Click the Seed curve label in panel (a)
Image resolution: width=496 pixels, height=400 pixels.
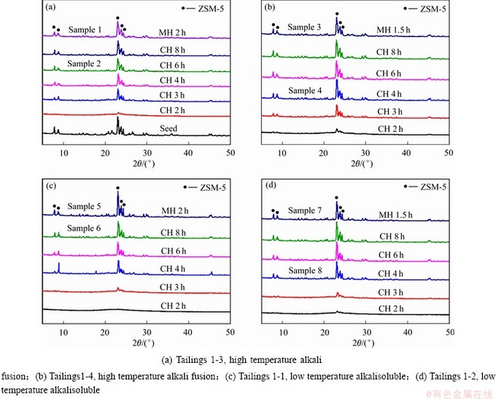point(177,129)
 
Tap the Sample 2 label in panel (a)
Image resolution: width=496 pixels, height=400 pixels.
point(85,63)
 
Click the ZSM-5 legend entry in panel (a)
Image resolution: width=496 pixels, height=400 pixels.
point(206,8)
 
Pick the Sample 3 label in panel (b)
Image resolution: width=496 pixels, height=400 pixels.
point(303,28)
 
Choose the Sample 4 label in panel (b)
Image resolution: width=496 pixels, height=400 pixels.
point(305,90)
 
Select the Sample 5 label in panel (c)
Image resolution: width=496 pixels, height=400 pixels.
point(84,207)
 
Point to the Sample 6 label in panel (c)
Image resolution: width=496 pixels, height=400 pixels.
point(85,229)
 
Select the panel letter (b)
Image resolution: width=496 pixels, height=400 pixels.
point(268,8)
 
